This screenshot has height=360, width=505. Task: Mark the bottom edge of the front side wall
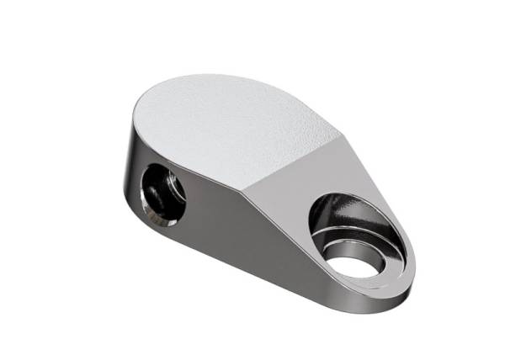click(252, 282)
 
